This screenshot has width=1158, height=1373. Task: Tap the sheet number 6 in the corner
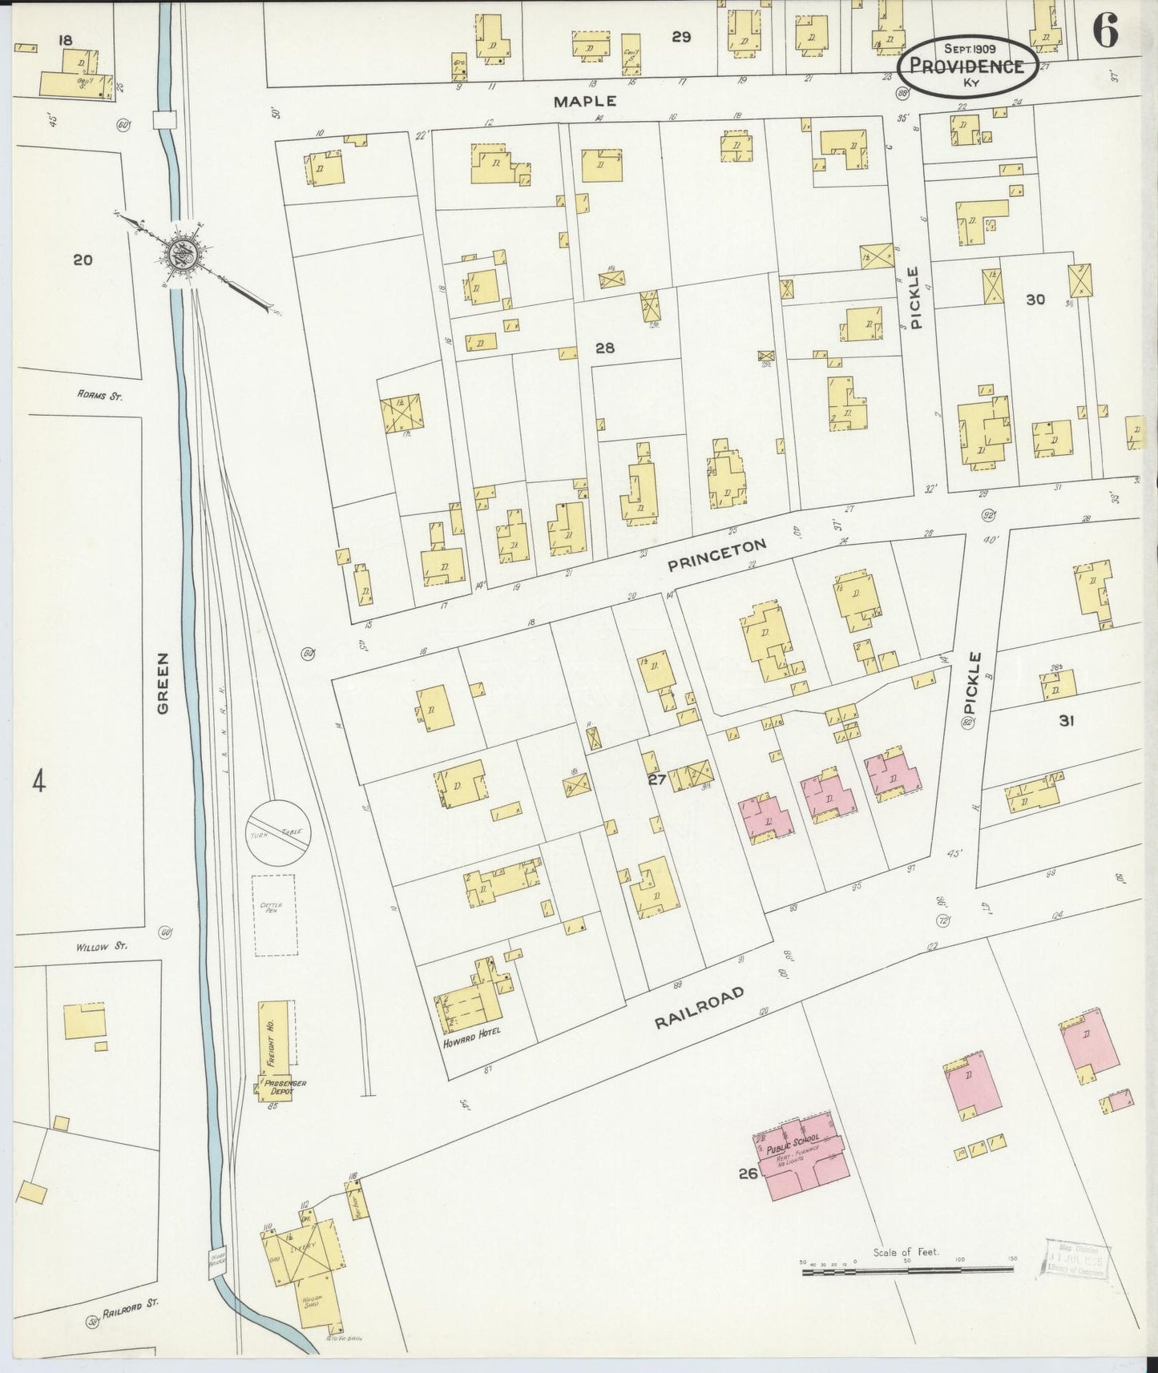point(1105,32)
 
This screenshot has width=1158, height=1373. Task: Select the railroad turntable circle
point(278,831)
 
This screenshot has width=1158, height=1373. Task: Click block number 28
point(604,348)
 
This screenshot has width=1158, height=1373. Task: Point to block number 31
point(1065,720)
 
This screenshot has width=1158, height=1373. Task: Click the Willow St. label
point(102,946)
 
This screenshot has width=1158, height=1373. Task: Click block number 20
point(83,260)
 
